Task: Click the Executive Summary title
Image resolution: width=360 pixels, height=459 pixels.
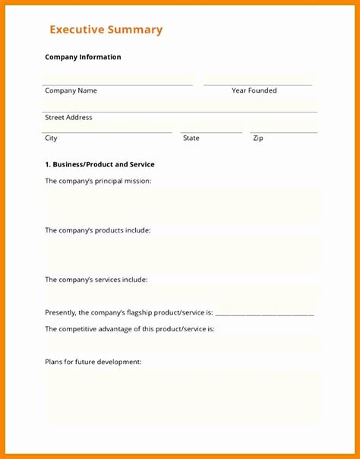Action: pyautogui.click(x=106, y=30)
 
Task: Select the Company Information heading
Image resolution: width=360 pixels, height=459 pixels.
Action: pyautogui.click(x=83, y=57)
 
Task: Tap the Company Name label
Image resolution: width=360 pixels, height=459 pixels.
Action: pyautogui.click(x=71, y=90)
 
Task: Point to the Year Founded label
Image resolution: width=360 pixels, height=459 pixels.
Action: pyautogui.click(x=254, y=90)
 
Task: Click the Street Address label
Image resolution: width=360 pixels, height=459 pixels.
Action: pyautogui.click(x=68, y=118)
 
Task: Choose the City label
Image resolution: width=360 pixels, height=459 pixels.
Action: pyautogui.click(x=51, y=138)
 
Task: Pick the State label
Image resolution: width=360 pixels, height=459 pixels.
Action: pyautogui.click(x=191, y=138)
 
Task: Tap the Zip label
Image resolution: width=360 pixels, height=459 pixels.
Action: pyautogui.click(x=258, y=138)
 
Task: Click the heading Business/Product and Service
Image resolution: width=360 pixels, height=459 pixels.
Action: pyautogui.click(x=99, y=164)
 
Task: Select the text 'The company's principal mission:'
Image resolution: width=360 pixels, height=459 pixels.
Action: pyautogui.click(x=98, y=181)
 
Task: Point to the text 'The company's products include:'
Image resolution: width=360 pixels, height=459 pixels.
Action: pyautogui.click(x=97, y=230)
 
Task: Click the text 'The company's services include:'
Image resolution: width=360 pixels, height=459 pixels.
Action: pyautogui.click(x=96, y=280)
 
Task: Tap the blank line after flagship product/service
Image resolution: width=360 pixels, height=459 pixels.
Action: pyautogui.click(x=265, y=312)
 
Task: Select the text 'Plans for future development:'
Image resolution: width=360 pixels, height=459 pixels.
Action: pyautogui.click(x=93, y=362)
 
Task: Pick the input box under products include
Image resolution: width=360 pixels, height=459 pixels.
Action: pyautogui.click(x=182, y=254)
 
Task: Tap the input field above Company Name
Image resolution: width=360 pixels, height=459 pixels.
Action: pyautogui.click(x=118, y=78)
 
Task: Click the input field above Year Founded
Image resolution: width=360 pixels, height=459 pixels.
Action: pyautogui.click(x=257, y=78)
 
